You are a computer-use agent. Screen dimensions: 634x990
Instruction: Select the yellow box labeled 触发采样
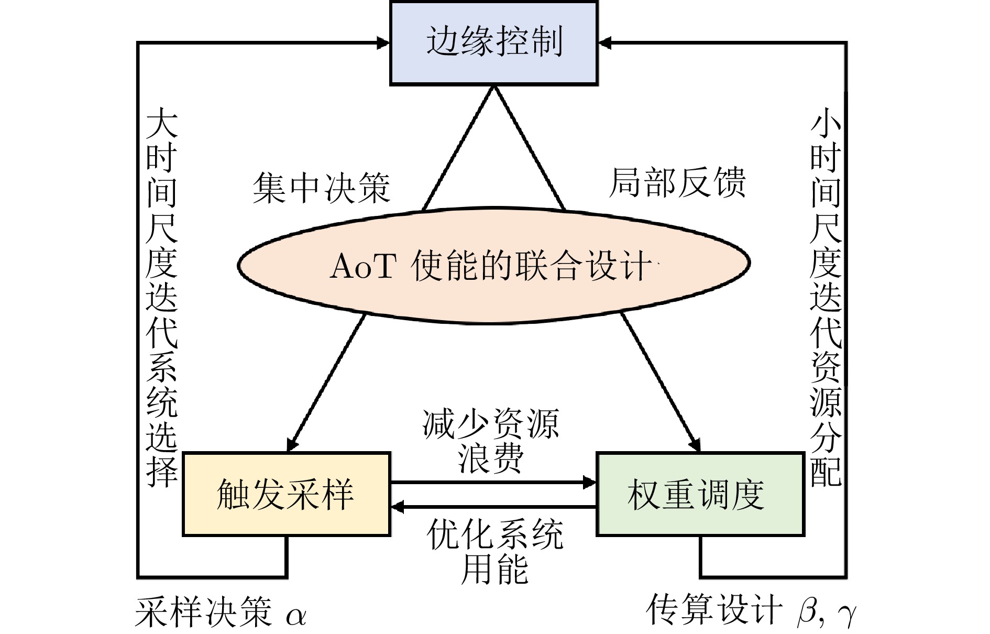click(286, 494)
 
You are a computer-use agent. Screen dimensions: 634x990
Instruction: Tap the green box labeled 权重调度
click(700, 494)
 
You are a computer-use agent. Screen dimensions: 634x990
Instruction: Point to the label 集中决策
click(321, 188)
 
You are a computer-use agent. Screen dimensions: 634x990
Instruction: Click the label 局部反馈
click(677, 183)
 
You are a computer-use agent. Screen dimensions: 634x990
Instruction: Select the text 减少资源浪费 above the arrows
click(491, 441)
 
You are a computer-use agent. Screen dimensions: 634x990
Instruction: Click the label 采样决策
click(203, 612)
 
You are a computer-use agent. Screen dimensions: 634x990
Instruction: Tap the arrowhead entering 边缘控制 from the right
click(604, 43)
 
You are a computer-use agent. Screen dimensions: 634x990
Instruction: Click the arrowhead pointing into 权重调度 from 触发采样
click(590, 482)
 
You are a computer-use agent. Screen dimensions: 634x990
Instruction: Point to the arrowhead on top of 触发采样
click(292, 444)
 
